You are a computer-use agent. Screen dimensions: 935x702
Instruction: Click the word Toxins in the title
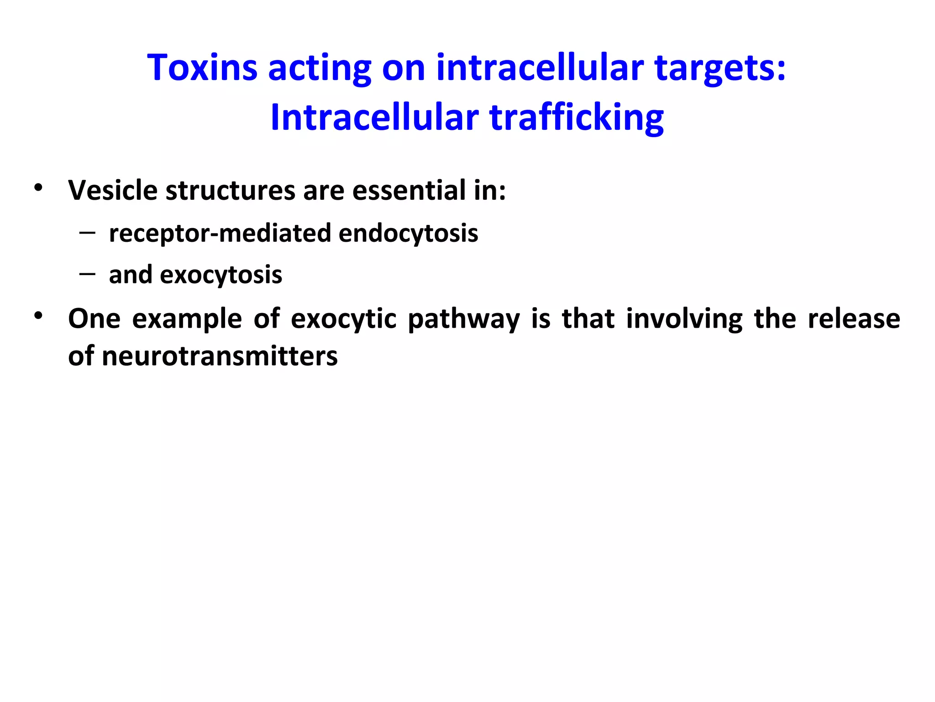[202, 68]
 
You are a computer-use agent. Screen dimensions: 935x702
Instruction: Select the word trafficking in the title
[576, 118]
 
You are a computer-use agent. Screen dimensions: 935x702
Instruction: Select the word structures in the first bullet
[230, 191]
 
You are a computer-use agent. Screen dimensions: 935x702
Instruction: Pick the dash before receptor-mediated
[87, 233]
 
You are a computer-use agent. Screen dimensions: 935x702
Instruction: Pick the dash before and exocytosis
[87, 274]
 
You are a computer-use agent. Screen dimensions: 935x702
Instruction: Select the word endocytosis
[408, 234]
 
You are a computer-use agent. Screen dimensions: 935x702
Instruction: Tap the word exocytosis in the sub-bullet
[221, 275]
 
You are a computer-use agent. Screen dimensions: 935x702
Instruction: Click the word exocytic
[343, 319]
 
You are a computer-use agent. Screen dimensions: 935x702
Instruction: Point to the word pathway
[463, 319]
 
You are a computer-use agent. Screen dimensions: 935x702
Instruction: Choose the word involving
[684, 319]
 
